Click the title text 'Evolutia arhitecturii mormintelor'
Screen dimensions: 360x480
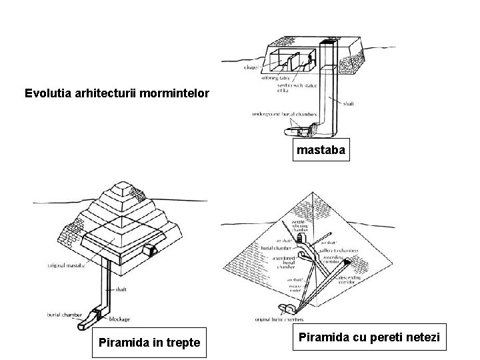tap(117, 92)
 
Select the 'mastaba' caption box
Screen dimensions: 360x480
tap(321, 150)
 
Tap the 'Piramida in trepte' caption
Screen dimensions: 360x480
tap(149, 343)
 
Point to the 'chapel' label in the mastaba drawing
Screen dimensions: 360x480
tap(251, 67)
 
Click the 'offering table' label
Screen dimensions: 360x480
tap(275, 77)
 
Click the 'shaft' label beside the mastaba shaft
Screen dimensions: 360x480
tap(349, 103)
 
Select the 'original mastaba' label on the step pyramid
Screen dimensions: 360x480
tap(65, 265)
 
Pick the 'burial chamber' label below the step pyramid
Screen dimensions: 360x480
tap(63, 313)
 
